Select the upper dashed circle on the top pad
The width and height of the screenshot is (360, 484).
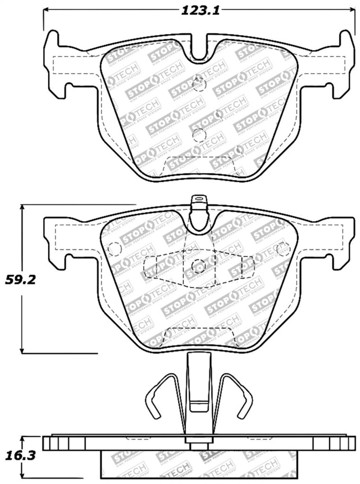click(200, 84)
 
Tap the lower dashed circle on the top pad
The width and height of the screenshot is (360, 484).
click(199, 135)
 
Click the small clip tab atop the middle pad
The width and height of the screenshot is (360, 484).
click(199, 201)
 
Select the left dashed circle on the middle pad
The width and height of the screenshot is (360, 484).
click(114, 249)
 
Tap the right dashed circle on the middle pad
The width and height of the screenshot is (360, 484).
click(283, 249)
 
